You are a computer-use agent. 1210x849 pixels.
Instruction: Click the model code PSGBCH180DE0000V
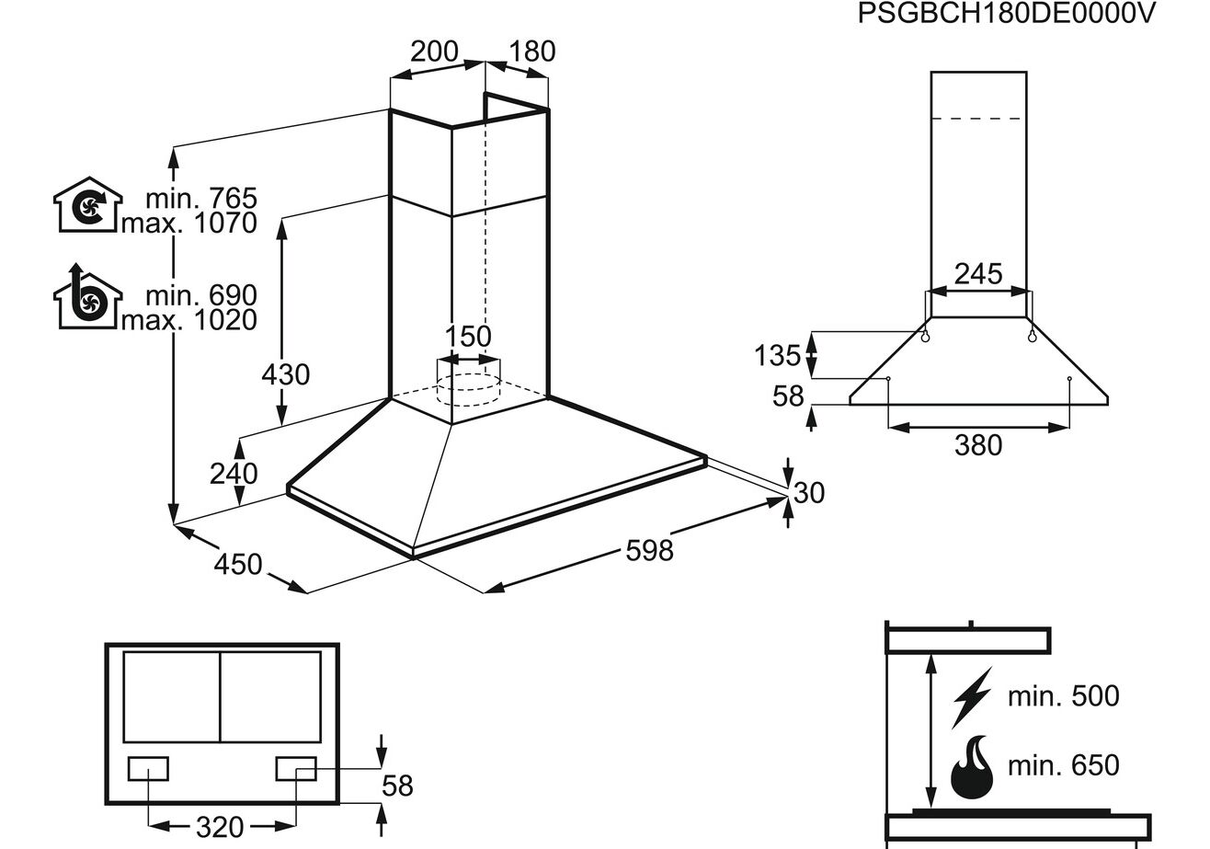click(x=1005, y=15)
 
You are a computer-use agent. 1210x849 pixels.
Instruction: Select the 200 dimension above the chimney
click(x=434, y=52)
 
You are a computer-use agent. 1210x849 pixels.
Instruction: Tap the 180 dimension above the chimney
click(x=532, y=52)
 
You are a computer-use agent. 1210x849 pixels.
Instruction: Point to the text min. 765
click(x=201, y=198)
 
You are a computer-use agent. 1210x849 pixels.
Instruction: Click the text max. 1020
click(x=189, y=319)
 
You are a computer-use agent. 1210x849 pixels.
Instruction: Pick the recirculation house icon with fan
click(x=87, y=204)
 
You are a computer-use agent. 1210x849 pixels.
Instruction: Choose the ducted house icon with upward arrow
click(x=87, y=296)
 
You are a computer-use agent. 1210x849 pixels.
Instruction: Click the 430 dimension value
click(x=285, y=375)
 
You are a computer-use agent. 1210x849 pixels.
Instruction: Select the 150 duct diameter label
click(x=468, y=337)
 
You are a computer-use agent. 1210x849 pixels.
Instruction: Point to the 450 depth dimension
click(x=237, y=563)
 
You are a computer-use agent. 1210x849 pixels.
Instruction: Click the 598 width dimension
click(x=649, y=550)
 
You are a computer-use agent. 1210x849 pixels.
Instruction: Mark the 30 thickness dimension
click(x=808, y=493)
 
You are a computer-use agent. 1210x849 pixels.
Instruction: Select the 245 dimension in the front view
click(x=977, y=273)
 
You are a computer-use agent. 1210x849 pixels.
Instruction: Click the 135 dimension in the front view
click(x=777, y=355)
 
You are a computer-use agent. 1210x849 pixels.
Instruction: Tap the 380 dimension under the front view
click(x=977, y=445)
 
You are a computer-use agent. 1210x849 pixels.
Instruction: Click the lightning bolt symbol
click(x=972, y=696)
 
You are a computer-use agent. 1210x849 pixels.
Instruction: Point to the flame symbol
click(x=972, y=766)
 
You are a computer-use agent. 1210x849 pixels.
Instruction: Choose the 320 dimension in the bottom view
click(x=221, y=828)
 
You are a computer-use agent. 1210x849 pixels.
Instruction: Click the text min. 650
click(x=1063, y=765)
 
